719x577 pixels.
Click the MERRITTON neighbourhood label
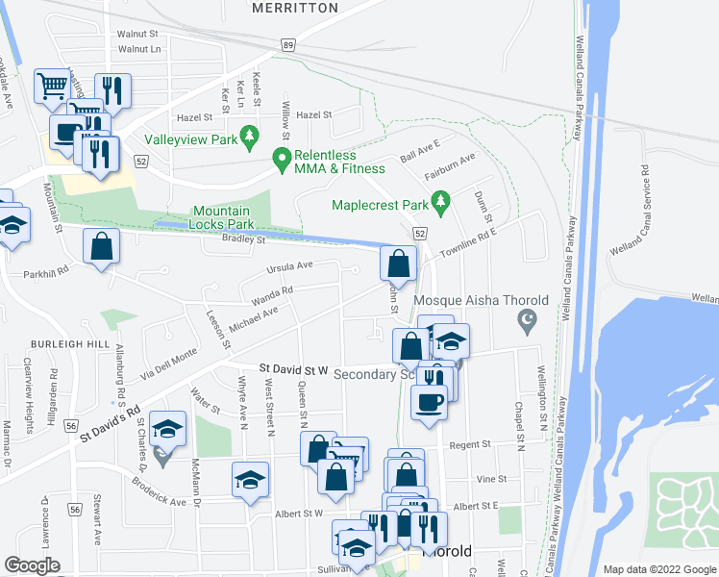(x=295, y=8)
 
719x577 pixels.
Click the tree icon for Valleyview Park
(x=250, y=138)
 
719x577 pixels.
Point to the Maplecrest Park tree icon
(x=441, y=204)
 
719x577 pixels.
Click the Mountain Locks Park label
(x=222, y=217)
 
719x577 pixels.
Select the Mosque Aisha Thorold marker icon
(x=526, y=319)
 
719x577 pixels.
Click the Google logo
(x=32, y=565)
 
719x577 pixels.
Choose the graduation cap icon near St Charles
(x=168, y=430)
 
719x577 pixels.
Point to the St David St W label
(x=294, y=368)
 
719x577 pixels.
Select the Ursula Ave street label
(x=291, y=265)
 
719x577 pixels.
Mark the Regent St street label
(x=471, y=444)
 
